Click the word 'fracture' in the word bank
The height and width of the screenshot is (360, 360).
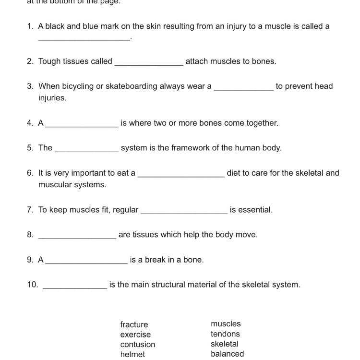134,324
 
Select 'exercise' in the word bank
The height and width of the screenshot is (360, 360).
135,335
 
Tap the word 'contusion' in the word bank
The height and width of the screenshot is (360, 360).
138,345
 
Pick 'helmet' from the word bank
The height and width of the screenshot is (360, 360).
132,354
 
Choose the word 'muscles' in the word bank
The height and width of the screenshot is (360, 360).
226,324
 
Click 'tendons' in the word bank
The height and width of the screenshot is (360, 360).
225,334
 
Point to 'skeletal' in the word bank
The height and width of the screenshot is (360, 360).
224,344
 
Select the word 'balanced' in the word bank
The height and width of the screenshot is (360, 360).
227,354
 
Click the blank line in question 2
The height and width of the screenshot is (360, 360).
149,63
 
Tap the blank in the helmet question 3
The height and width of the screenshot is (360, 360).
243,88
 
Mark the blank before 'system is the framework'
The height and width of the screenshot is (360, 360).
86,150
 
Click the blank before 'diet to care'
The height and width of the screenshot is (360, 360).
181,175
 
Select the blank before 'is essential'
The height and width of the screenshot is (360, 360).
184,212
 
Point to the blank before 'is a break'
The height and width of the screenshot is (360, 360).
86,262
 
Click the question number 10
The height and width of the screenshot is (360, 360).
32,285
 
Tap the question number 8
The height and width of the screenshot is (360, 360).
30,235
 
